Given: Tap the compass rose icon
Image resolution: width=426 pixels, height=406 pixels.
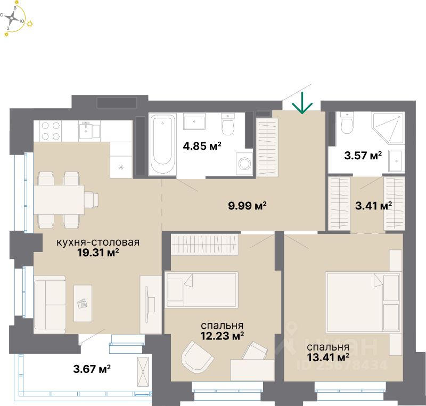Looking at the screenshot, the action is [x=12, y=19].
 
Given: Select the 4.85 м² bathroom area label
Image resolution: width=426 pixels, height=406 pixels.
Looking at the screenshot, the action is [x=202, y=146].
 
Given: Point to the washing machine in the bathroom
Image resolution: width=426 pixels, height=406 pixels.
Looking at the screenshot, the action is [x=244, y=164].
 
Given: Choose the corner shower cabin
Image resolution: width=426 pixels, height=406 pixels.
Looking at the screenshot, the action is [x=389, y=128].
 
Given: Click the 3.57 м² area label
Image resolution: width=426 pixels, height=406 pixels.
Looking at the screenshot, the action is [x=363, y=156].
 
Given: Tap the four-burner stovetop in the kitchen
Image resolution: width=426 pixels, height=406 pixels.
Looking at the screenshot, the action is [x=51, y=131].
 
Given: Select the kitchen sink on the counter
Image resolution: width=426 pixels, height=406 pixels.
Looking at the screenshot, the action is [x=86, y=130].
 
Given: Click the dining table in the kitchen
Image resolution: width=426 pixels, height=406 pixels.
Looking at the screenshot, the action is [x=59, y=200].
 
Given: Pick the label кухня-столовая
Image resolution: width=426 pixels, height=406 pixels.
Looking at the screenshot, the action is [x=98, y=242].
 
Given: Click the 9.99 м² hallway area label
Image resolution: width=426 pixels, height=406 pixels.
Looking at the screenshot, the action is [x=247, y=206].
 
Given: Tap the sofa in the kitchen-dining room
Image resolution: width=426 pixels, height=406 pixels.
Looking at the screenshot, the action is [x=50, y=304].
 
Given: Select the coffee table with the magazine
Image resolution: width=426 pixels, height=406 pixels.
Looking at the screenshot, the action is [x=83, y=303].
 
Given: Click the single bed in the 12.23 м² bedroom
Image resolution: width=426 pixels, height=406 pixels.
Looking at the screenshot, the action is [x=202, y=290].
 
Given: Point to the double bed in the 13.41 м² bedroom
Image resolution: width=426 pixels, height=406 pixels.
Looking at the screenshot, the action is [x=364, y=303].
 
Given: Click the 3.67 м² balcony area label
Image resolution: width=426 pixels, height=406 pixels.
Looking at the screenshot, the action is [x=92, y=369].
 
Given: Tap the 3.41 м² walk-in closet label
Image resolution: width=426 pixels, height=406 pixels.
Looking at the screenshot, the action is [x=374, y=206].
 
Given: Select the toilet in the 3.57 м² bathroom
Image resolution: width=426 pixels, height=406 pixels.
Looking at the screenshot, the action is [x=347, y=123].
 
